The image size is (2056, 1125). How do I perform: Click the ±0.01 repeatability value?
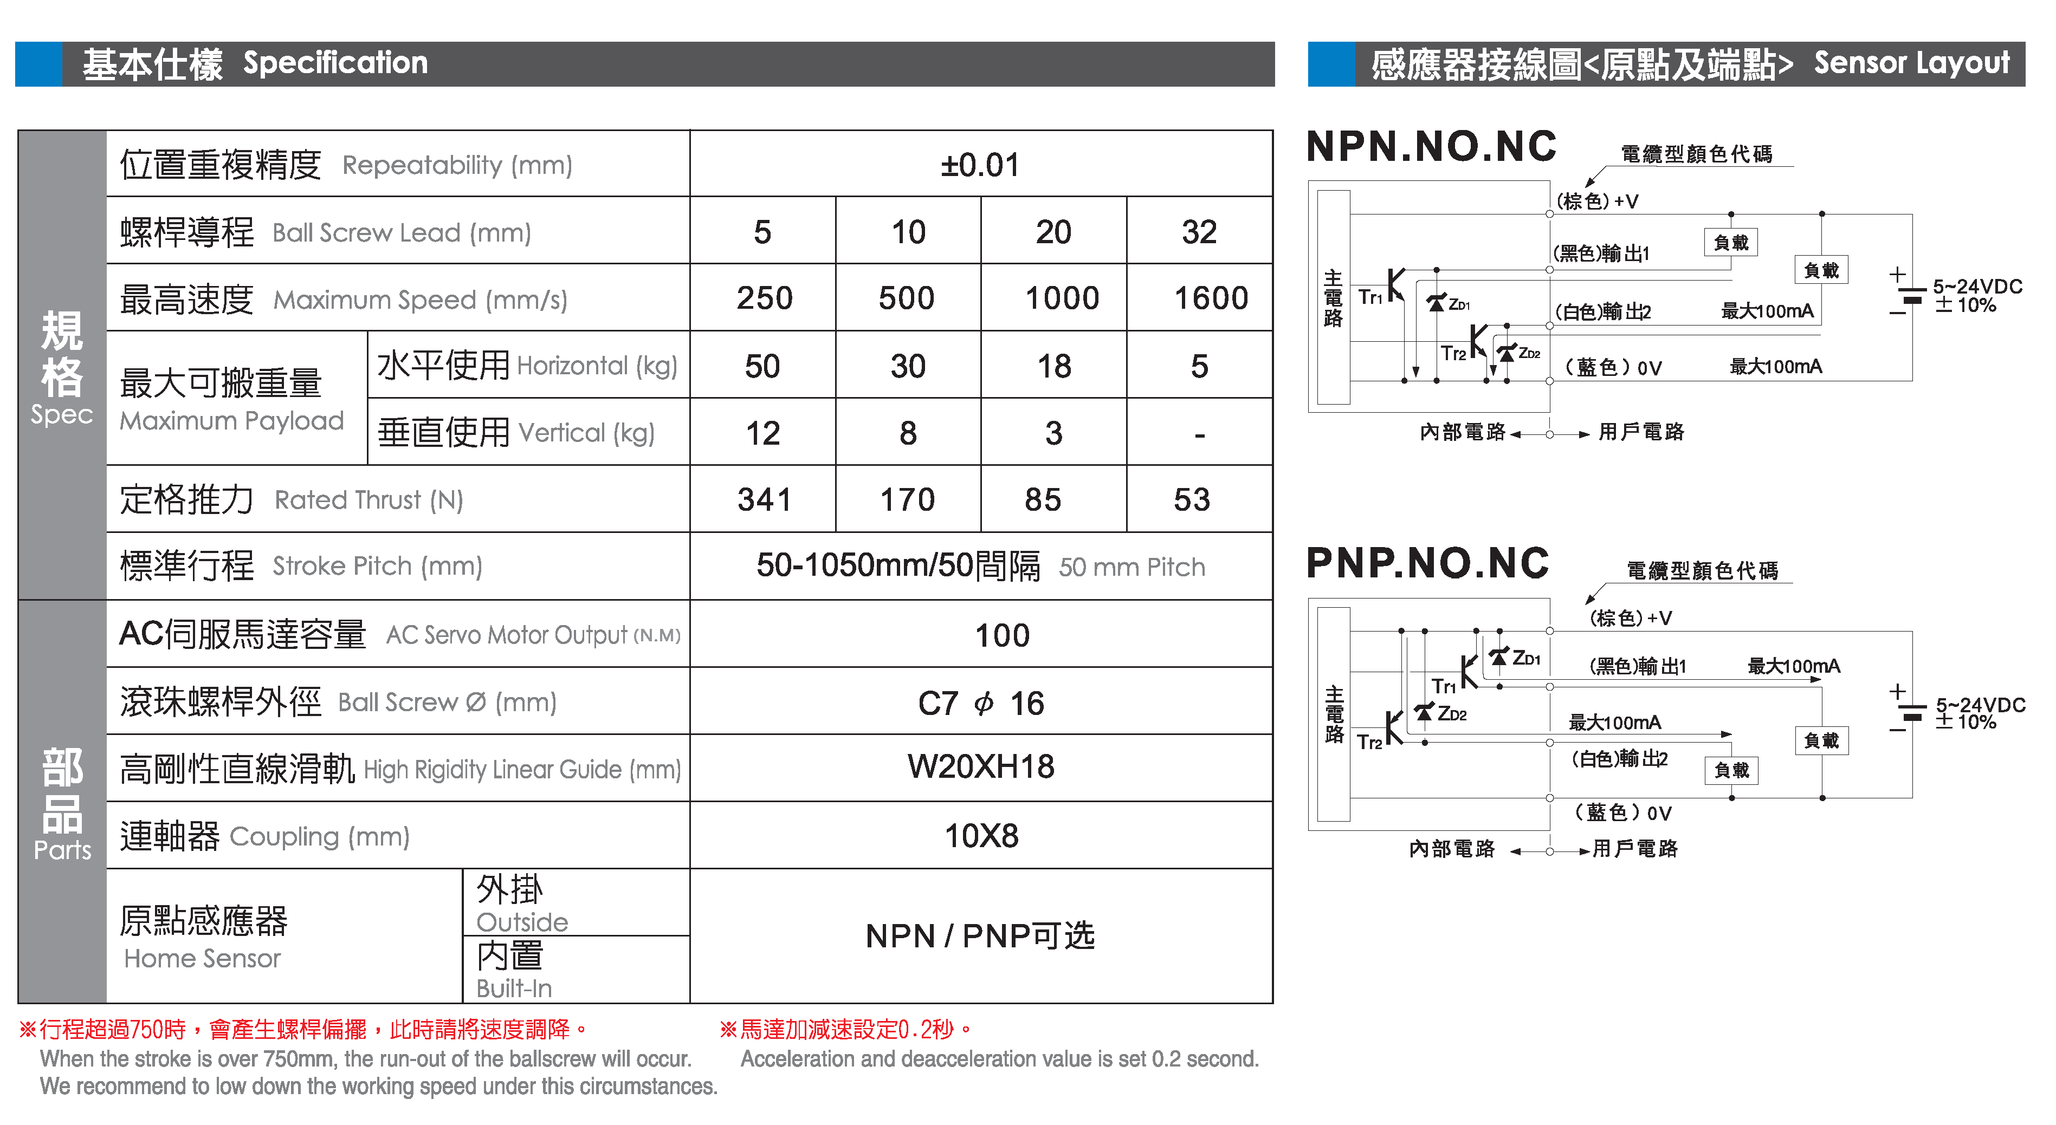(x=980, y=165)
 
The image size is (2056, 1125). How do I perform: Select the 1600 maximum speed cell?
(x=1210, y=298)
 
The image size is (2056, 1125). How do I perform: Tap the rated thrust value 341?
(x=764, y=500)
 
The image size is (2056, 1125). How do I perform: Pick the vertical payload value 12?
(x=762, y=433)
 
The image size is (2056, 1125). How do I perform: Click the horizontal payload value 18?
(x=1053, y=366)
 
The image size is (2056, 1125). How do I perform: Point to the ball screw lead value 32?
(x=1199, y=232)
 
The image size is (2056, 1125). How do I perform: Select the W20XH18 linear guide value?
(x=980, y=767)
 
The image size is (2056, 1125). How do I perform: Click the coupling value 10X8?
(x=981, y=836)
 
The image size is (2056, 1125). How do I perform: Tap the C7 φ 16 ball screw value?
(x=980, y=703)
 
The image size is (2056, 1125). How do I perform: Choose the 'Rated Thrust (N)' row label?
(x=368, y=500)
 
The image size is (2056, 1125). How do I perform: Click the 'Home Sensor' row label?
(x=202, y=958)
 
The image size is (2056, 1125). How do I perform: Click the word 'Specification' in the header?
(x=335, y=63)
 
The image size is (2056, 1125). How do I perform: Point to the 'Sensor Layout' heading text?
(x=1911, y=63)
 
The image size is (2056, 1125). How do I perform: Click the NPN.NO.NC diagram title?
(x=1431, y=147)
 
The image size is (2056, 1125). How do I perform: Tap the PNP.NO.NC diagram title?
(x=1427, y=563)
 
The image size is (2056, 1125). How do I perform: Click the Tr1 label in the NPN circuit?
(x=1369, y=297)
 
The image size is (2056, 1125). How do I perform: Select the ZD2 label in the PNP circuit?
(x=1452, y=714)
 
